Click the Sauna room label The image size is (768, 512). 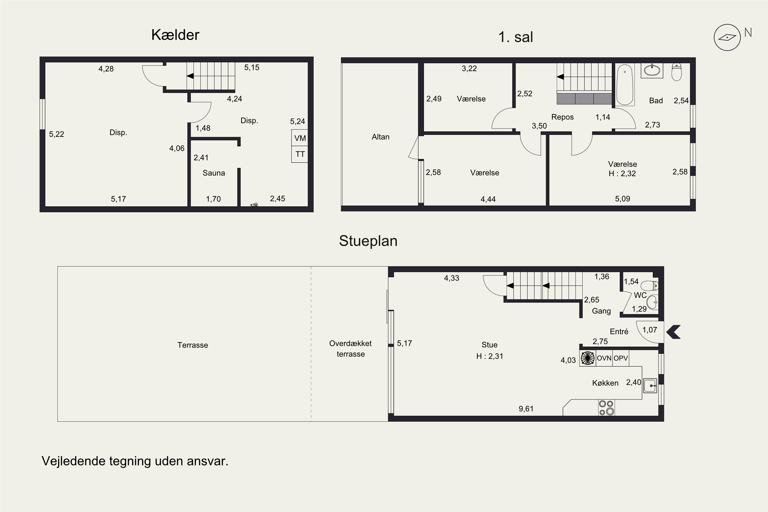point(214,173)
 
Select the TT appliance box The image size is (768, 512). point(300,154)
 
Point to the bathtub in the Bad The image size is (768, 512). point(625,84)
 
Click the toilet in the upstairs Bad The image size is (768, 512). point(677,72)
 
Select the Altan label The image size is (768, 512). point(380,137)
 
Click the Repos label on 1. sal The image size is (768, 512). point(562,117)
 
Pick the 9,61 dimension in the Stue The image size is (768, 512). point(526,409)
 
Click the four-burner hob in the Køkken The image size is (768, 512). point(606,408)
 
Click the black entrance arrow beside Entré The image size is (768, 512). point(673,332)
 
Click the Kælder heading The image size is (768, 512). point(175,35)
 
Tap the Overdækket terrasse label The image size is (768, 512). point(350,349)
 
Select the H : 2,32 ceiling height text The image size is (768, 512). point(622,173)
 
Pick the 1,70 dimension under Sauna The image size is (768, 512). point(213,199)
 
